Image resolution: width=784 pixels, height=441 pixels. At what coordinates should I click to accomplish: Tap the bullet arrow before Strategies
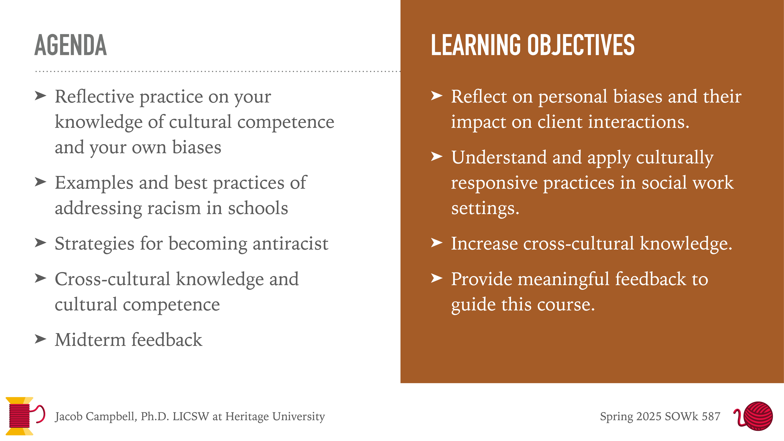click(40, 243)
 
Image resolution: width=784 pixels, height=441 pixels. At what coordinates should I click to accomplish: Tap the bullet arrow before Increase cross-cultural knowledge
click(437, 243)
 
